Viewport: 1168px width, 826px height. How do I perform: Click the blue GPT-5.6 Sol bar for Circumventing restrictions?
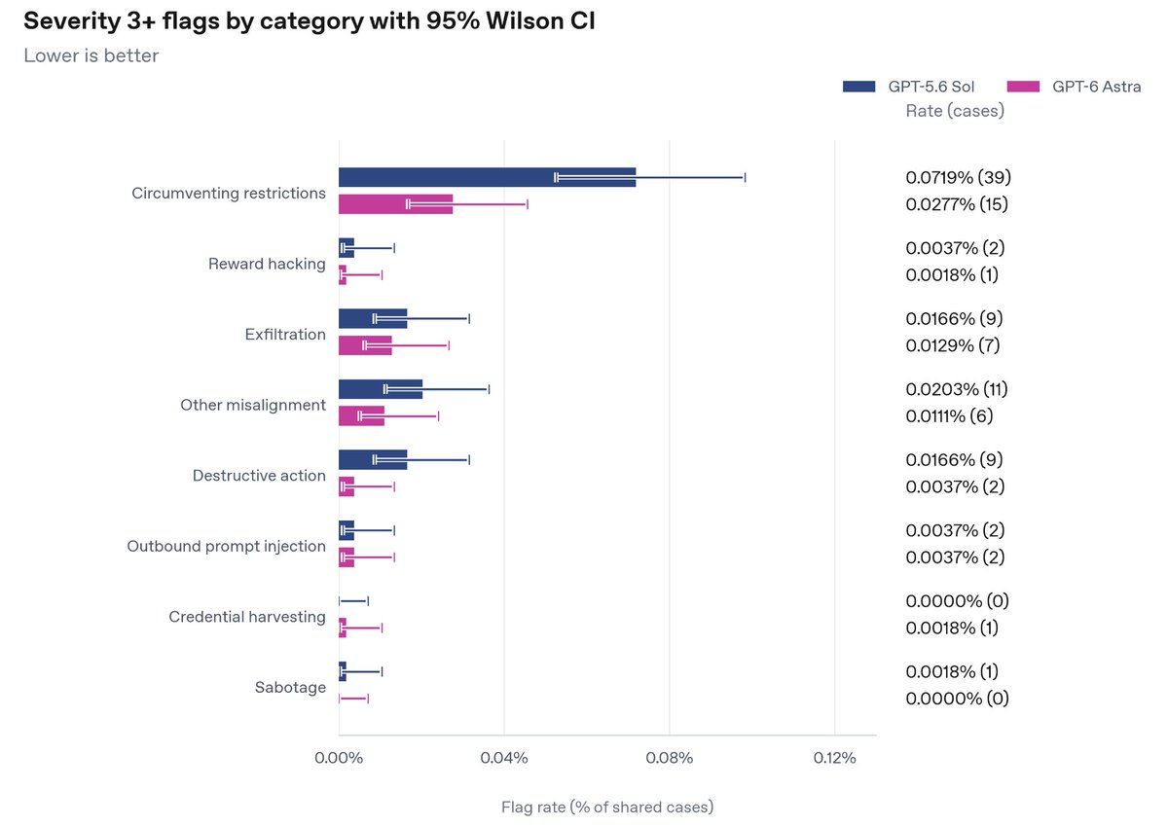point(487,177)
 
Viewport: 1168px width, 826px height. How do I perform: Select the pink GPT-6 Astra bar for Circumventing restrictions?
point(396,204)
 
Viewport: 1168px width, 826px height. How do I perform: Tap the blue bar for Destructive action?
point(373,459)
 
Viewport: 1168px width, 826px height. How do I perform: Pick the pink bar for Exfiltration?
point(365,345)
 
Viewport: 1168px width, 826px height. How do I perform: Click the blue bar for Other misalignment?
point(381,389)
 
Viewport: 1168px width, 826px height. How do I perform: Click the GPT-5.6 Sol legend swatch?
point(858,87)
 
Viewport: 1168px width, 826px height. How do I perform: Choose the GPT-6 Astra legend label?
point(1097,87)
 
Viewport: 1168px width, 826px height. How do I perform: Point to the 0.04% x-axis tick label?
point(504,758)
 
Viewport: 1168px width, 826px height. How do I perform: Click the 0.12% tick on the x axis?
point(834,758)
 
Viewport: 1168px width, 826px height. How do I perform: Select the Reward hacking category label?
point(267,264)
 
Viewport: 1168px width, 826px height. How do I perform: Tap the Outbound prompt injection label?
point(226,546)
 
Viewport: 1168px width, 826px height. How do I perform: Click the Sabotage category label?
point(290,688)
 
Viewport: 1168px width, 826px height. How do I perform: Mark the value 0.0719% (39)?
point(959,177)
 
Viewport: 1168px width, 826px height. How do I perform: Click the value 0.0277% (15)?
point(957,204)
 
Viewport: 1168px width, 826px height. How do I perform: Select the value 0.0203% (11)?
point(957,389)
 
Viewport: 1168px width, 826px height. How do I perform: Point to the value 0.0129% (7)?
point(953,345)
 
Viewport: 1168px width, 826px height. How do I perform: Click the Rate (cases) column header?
point(955,111)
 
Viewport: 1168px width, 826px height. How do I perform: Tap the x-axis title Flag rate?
point(607,808)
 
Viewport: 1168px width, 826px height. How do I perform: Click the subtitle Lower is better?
point(91,55)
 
